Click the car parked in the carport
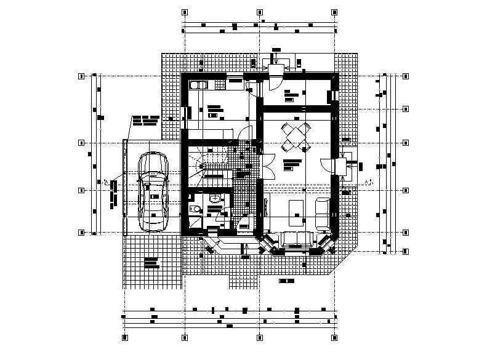point(153,191)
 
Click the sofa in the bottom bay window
point(296,240)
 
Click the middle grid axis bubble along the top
point(259,12)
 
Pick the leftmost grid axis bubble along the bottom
point(124,338)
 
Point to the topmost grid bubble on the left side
point(81,76)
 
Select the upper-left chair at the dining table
point(286,129)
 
